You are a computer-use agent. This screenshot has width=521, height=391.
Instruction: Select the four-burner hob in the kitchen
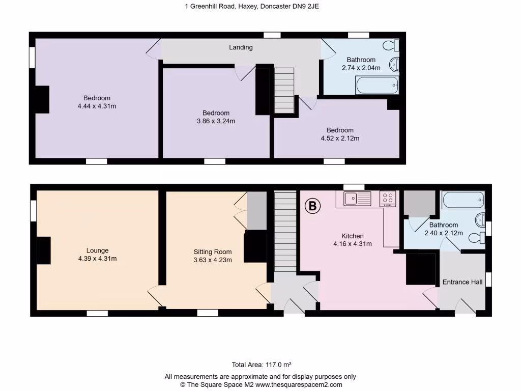click(x=388, y=198)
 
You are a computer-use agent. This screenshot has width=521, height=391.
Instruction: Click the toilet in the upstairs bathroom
click(x=393, y=46)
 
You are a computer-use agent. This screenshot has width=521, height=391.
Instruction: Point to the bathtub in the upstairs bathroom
click(x=377, y=85)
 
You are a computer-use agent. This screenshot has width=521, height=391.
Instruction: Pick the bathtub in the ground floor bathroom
click(x=463, y=200)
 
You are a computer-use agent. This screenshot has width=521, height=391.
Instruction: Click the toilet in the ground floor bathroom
click(x=476, y=238)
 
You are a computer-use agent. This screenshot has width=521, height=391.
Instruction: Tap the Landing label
click(x=241, y=47)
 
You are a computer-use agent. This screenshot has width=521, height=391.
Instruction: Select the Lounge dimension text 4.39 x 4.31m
click(x=97, y=259)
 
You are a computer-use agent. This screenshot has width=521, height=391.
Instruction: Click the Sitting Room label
click(x=212, y=252)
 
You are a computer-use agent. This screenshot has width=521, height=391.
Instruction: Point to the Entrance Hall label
click(x=462, y=282)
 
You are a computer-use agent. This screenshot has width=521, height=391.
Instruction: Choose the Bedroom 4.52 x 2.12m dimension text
click(x=340, y=138)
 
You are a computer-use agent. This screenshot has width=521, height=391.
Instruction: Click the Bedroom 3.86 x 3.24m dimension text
click(x=216, y=121)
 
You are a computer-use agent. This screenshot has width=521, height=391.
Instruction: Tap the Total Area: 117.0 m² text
click(x=261, y=365)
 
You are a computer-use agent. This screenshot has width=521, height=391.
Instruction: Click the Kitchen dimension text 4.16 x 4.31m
click(x=352, y=244)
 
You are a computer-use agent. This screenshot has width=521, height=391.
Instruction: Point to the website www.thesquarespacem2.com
click(x=299, y=385)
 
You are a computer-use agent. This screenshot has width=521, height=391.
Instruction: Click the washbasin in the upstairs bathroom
click(x=394, y=65)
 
